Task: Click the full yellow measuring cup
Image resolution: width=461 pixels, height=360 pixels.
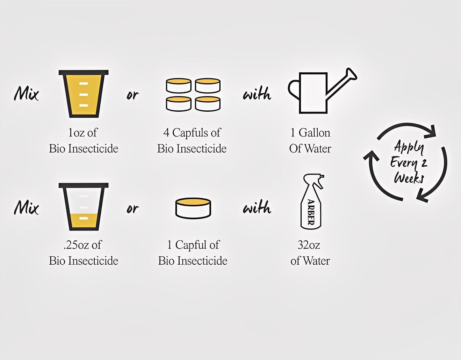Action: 84,94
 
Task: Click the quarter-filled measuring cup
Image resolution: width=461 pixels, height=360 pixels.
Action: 84,207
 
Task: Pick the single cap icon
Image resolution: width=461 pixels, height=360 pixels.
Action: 193,208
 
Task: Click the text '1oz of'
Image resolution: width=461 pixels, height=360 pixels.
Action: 83,133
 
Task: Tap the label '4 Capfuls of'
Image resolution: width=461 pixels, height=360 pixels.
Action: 192,133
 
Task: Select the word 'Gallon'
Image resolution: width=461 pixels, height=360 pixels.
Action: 315,133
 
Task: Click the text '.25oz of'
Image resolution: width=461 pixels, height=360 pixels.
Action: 83,245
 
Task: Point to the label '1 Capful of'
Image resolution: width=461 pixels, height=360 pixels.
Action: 193,245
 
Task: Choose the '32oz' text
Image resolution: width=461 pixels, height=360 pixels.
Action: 309,245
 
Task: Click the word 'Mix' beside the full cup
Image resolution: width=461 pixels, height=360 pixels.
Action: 27,94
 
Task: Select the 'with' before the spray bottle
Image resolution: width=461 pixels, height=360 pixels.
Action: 257,206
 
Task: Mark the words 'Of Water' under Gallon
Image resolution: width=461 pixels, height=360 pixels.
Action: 310,148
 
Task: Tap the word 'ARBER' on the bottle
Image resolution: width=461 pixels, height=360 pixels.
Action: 311,212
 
